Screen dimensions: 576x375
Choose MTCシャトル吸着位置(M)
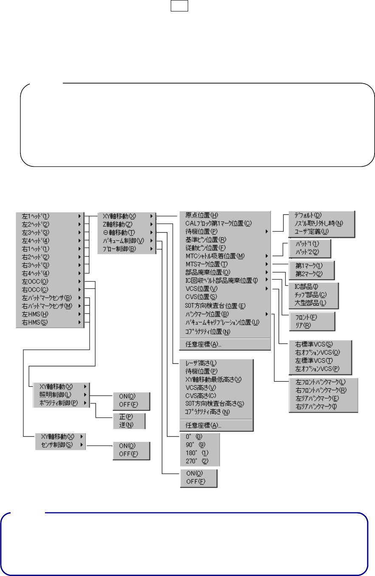tap(214, 256)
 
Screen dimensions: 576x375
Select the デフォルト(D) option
tap(305, 215)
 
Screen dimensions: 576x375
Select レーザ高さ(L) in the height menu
tap(201, 363)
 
